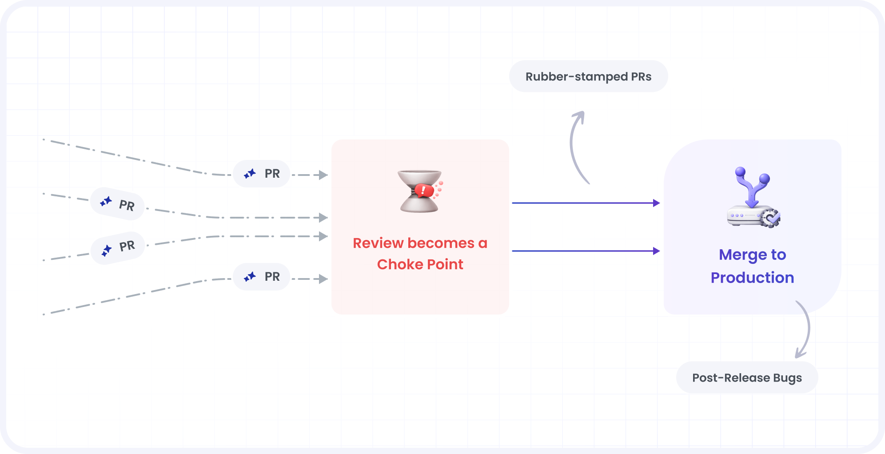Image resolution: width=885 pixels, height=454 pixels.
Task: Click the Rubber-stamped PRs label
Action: click(588, 76)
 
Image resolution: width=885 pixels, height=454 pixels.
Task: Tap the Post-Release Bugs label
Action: click(747, 378)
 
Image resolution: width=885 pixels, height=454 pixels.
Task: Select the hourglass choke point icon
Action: click(420, 191)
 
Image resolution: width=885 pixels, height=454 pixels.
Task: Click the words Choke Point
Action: click(420, 264)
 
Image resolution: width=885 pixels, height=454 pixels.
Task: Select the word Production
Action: click(752, 278)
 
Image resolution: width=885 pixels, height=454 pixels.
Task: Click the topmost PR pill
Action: click(262, 174)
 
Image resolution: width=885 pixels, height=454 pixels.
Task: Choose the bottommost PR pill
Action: click(262, 277)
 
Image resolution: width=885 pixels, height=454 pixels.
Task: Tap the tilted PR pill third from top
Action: click(118, 248)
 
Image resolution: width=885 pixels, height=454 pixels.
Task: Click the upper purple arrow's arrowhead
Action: click(656, 203)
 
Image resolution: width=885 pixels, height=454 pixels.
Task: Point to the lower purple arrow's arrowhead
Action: click(656, 251)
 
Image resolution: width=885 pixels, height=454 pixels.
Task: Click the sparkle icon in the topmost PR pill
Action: click(250, 174)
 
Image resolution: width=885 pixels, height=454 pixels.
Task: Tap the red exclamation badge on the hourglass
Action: click(423, 191)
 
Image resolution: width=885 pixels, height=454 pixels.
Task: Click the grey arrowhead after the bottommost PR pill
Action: click(323, 279)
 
